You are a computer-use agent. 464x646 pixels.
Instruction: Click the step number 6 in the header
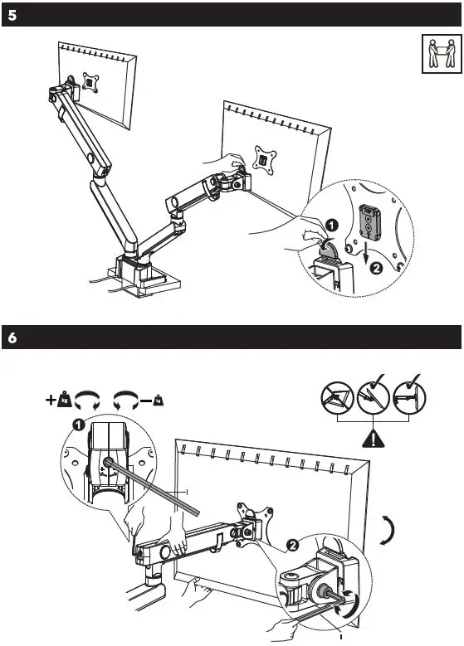12,339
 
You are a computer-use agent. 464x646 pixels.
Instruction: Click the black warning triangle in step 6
375,440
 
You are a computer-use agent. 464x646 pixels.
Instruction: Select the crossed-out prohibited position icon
337,402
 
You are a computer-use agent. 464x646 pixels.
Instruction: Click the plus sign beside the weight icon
50,401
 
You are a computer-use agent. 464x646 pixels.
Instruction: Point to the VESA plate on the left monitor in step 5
89,83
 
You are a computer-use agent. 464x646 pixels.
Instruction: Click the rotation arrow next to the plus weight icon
85,401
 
